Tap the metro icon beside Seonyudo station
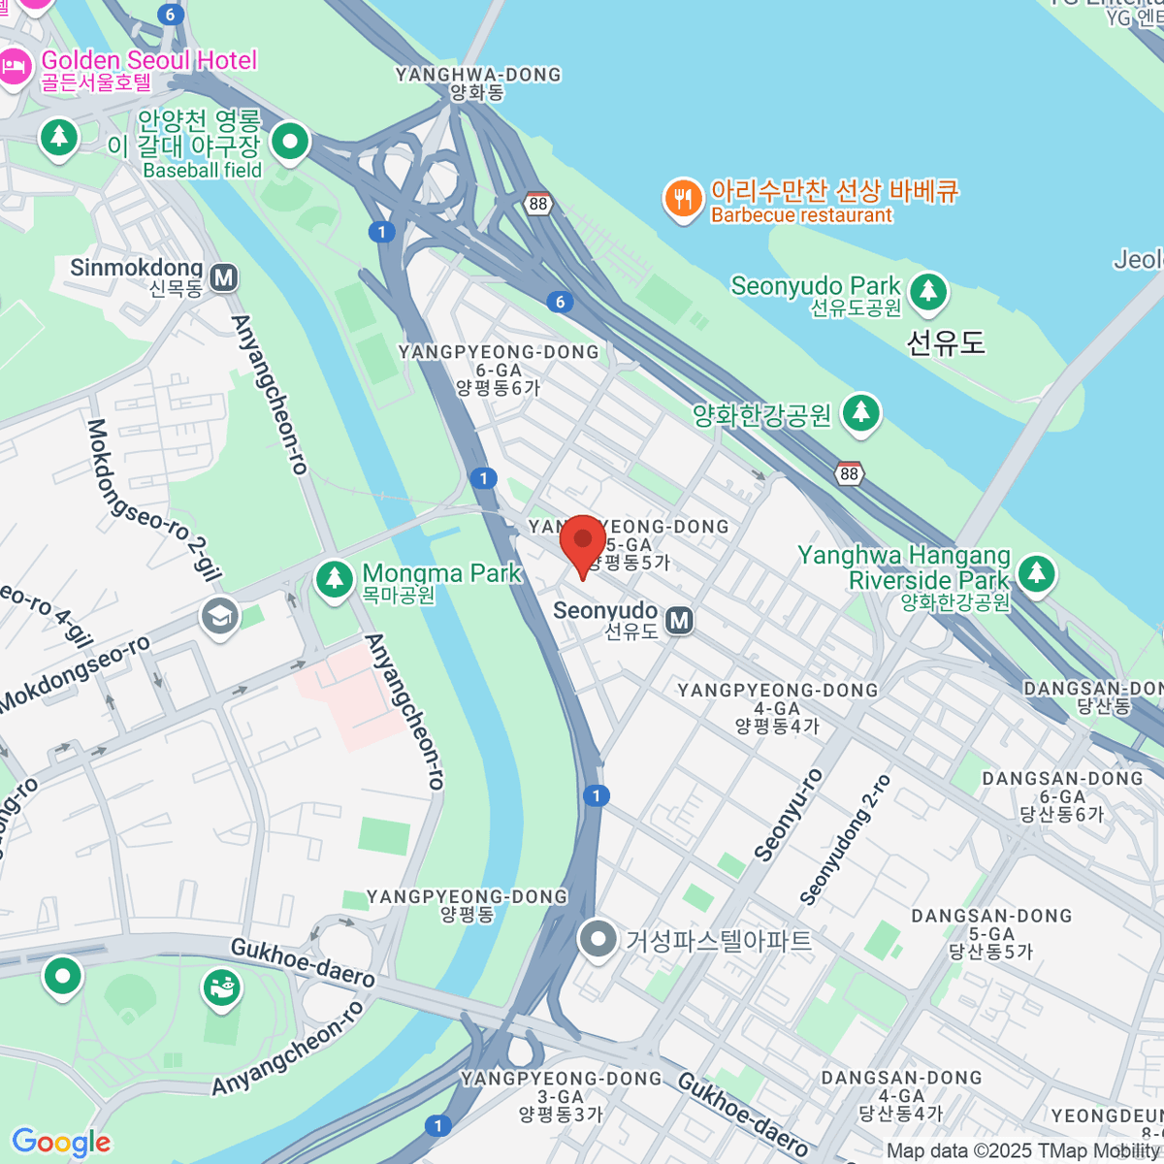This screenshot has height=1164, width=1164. click(680, 621)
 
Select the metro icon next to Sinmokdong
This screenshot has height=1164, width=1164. click(224, 278)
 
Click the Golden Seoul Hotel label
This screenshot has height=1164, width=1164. click(148, 61)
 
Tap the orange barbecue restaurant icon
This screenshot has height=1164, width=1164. click(683, 199)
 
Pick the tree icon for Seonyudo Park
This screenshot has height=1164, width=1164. click(928, 290)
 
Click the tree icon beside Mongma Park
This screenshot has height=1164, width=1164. click(335, 580)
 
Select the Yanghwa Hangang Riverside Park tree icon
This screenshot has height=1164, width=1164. click(1036, 572)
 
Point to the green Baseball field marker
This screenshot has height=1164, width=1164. click(289, 144)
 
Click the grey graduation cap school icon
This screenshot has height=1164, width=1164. click(220, 616)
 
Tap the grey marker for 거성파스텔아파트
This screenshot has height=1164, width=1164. click(598, 939)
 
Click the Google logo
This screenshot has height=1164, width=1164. click(61, 1142)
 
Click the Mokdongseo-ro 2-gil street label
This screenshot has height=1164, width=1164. click(155, 500)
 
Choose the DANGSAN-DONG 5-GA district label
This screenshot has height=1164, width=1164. click(991, 933)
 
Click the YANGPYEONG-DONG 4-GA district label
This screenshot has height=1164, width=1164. click(777, 707)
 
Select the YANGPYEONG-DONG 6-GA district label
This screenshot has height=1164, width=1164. click(499, 370)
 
